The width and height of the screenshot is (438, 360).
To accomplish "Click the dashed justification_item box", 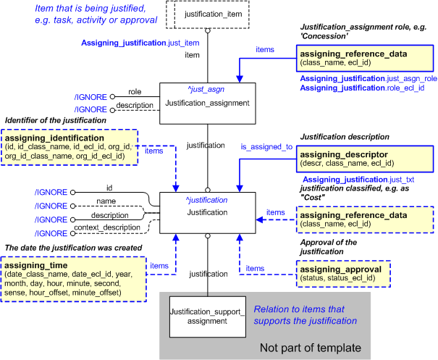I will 207,14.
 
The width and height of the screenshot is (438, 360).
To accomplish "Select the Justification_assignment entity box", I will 206,103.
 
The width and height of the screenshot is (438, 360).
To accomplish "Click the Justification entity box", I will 207,212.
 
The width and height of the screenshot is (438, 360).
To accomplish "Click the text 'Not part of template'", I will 310,348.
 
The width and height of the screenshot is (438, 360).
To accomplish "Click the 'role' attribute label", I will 135,92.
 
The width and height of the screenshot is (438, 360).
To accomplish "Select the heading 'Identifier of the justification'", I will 55,120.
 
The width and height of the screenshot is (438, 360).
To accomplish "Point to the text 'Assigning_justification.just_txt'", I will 358,179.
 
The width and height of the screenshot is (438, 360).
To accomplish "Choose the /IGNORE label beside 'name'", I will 51,206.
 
